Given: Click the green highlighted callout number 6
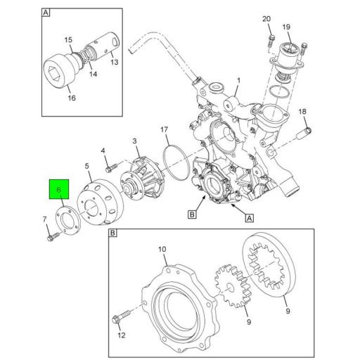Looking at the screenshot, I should coord(59,191).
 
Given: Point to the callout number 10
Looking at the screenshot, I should coord(161,249).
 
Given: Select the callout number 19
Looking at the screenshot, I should coord(287,27).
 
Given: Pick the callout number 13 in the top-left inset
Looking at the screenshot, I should coord(115,62).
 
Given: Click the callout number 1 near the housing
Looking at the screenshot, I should coord(237,82).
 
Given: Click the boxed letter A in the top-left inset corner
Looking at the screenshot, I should coord(46,13).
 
